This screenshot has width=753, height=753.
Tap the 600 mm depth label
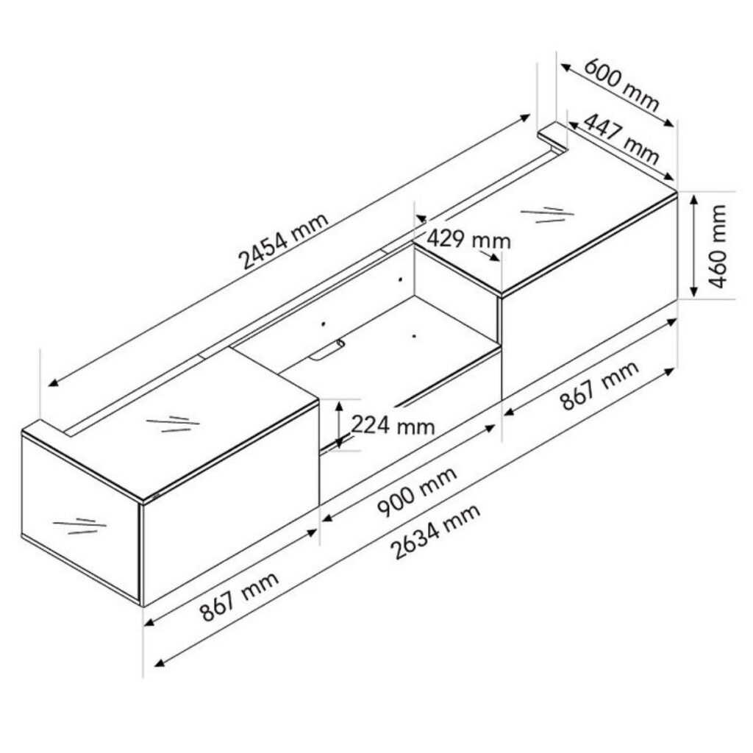pyautogui.click(x=621, y=85)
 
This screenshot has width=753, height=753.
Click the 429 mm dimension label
pyautogui.click(x=468, y=239)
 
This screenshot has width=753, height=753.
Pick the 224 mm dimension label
pyautogui.click(x=393, y=425)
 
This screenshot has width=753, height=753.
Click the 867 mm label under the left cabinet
pyautogui.click(x=239, y=596)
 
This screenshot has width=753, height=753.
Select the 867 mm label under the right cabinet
pyautogui.click(x=600, y=385)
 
